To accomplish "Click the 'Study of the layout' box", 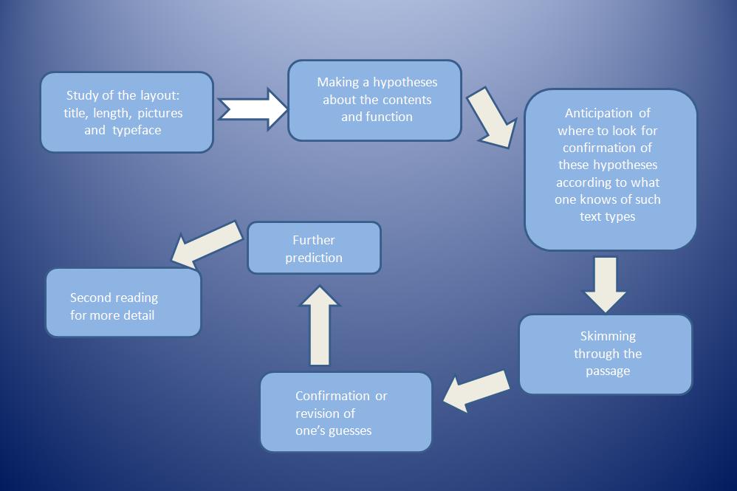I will pyautogui.click(x=126, y=112).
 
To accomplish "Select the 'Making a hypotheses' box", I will pyautogui.click(x=374, y=100).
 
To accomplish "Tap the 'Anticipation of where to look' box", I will pyautogui.click(x=610, y=169).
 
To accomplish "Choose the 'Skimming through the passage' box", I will pyautogui.click(x=606, y=354).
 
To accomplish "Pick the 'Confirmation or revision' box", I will pyautogui.click(x=345, y=412).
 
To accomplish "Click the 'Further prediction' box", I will pyautogui.click(x=314, y=248).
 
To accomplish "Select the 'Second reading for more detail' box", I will pyautogui.click(x=123, y=303).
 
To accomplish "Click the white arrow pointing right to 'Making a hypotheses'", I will pyautogui.click(x=253, y=109).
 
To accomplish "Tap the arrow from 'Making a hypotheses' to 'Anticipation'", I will pyautogui.click(x=491, y=117).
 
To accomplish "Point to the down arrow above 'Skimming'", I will pyautogui.click(x=605, y=284).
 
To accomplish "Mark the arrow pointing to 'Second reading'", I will pyautogui.click(x=207, y=244).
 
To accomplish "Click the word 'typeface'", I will pyautogui.click(x=137, y=131).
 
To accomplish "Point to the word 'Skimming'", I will pyautogui.click(x=608, y=337).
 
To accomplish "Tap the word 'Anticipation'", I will pyautogui.click(x=598, y=114).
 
